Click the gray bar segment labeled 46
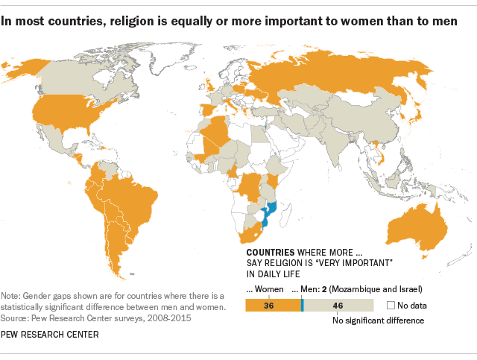click(x=338, y=305)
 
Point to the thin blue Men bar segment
click(x=302, y=305)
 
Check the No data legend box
click(x=390, y=305)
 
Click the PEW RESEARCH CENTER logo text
click(x=50, y=335)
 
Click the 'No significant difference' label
click(x=377, y=320)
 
